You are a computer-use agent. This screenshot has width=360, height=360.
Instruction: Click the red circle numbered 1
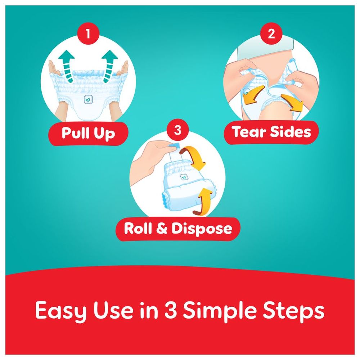tap(88, 34)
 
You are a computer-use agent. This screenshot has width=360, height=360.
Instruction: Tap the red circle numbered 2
tap(271, 34)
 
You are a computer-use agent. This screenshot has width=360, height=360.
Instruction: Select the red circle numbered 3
tap(178, 130)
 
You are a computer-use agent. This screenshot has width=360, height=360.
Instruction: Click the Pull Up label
tap(88, 134)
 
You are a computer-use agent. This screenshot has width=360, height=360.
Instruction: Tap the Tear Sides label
tap(271, 132)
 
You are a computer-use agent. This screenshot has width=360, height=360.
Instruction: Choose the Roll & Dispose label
tap(178, 229)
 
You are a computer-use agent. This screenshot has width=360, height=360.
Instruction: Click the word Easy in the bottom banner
tap(61, 311)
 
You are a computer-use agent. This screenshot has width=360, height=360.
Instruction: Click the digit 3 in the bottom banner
tap(171, 310)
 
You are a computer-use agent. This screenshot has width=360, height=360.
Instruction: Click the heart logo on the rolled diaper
tap(184, 177)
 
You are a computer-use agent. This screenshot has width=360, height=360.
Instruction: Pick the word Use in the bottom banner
tap(114, 310)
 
